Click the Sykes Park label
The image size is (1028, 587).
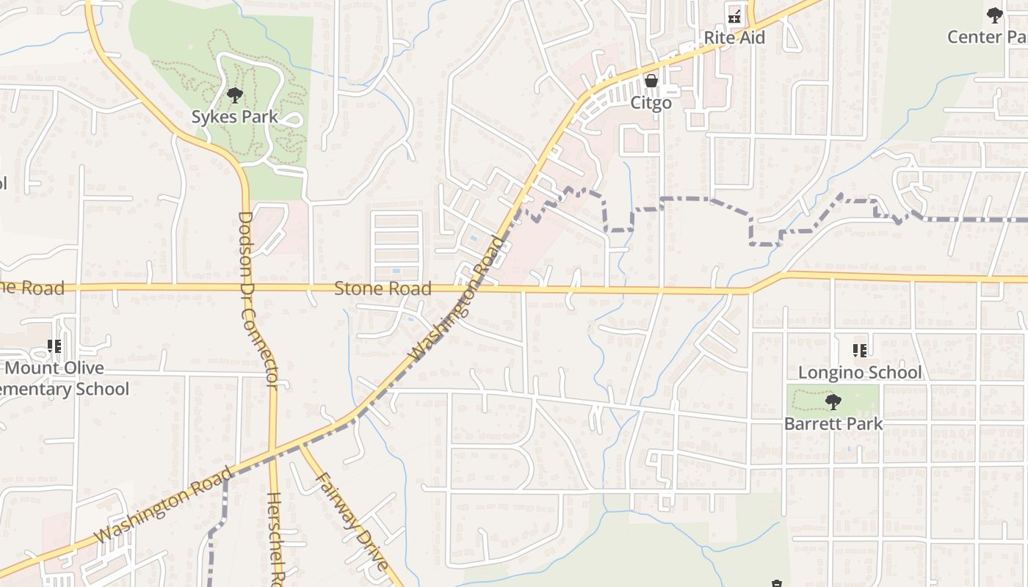[235, 117]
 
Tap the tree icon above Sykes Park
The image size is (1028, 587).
[235, 95]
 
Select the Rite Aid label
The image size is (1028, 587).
[734, 37]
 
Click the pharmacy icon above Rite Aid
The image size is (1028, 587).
[734, 15]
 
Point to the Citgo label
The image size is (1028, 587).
[651, 103]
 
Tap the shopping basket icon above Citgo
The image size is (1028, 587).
[651, 81]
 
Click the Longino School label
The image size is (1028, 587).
[859, 373]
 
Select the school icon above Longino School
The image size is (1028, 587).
[860, 351]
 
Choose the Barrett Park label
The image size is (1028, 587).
[833, 423]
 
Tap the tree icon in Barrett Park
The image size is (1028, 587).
[833, 402]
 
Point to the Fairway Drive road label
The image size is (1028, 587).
[352, 522]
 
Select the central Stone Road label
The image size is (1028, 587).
[383, 288]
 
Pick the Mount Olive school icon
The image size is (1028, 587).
[54, 346]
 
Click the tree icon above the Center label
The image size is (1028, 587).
[995, 15]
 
